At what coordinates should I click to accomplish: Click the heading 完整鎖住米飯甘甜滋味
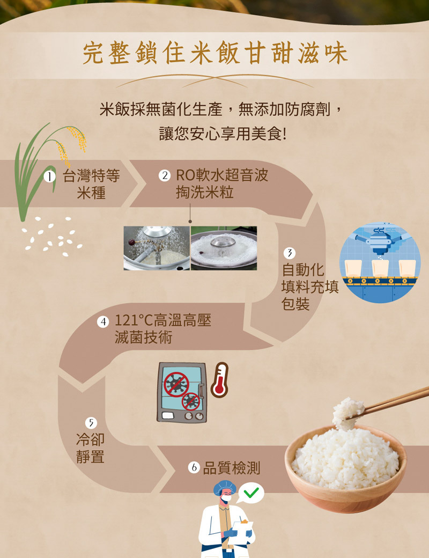pyautogui.click(x=214, y=55)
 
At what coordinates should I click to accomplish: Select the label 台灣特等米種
pyautogui.click(x=91, y=184)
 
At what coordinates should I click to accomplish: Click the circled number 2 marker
pyautogui.click(x=165, y=175)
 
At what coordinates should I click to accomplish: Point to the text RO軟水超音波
pyautogui.click(x=221, y=175)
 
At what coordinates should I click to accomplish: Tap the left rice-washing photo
pyautogui.click(x=157, y=248)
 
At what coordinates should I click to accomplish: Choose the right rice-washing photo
pyautogui.click(x=224, y=248)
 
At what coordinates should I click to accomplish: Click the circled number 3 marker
pyautogui.click(x=290, y=253)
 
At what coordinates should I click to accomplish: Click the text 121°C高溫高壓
pyautogui.click(x=163, y=321)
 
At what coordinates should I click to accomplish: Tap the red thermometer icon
pyautogui.click(x=219, y=380)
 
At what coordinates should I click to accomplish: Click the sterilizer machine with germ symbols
pyautogui.click(x=181, y=392)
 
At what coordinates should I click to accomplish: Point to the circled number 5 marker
pyautogui.click(x=91, y=422)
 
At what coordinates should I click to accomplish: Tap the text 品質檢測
pyautogui.click(x=231, y=468)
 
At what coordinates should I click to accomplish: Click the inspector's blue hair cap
pyautogui.click(x=225, y=487)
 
